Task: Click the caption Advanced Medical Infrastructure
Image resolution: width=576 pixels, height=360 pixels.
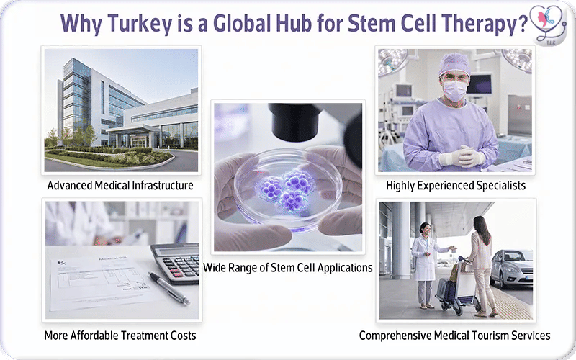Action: pos(120,185)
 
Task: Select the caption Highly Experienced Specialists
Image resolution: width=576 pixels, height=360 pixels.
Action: pos(456,185)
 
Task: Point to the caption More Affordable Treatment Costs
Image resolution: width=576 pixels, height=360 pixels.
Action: pos(120,335)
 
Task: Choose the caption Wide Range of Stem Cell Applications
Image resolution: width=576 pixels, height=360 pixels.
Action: pos(288,267)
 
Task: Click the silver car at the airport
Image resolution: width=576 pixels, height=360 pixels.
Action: pos(513,267)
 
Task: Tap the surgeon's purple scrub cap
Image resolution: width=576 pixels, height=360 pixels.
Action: pos(454,64)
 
